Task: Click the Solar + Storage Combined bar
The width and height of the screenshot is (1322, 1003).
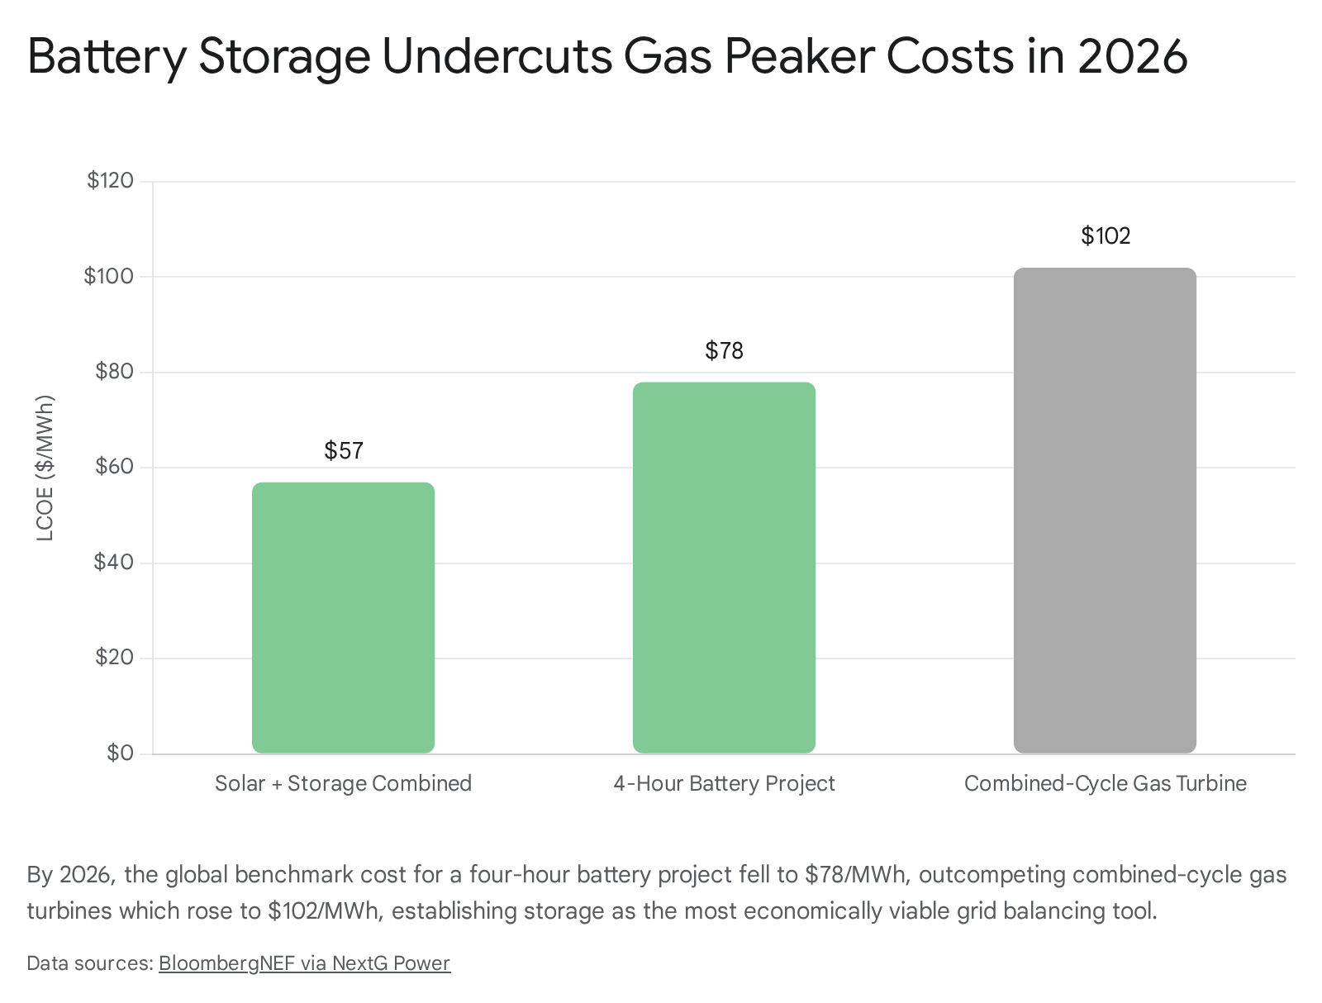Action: (x=343, y=617)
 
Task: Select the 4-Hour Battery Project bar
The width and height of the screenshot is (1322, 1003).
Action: (x=723, y=567)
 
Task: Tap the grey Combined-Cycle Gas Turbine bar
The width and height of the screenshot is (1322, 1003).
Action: (x=1104, y=510)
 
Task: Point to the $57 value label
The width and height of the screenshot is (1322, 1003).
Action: (x=343, y=450)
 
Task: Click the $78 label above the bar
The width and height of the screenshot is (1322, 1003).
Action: (x=724, y=350)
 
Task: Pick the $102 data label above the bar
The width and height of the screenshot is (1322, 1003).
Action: (x=1106, y=235)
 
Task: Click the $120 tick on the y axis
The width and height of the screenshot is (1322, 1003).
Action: (x=110, y=180)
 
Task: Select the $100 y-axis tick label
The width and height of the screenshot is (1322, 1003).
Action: (x=108, y=276)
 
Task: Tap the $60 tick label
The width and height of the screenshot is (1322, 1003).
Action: (x=114, y=466)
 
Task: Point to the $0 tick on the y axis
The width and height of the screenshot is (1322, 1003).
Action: (x=120, y=753)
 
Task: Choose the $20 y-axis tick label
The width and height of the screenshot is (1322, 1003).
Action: (x=114, y=657)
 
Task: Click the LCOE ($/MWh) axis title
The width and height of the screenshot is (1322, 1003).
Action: (x=45, y=468)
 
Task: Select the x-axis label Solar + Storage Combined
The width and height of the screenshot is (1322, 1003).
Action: (x=343, y=783)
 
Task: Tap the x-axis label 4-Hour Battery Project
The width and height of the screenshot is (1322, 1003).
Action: (x=724, y=783)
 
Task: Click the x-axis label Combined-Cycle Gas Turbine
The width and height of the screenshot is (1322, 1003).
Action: (x=1106, y=783)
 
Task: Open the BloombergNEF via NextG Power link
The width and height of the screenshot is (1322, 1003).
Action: (x=304, y=963)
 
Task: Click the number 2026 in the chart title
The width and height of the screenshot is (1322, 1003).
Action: (x=1132, y=56)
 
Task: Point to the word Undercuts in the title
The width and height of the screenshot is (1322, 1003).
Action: (x=497, y=56)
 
